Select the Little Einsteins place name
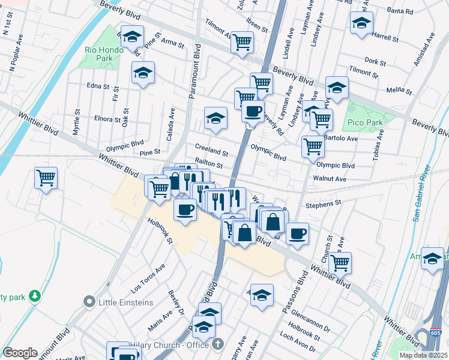pyautogui.click(x=127, y=302)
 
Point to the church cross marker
pyautogui.click(x=217, y=344)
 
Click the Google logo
pyautogui.click(x=20, y=353)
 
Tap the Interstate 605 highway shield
pyautogui.click(x=437, y=332)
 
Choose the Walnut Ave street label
pyautogui.click(x=330, y=179)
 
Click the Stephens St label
pyautogui.click(x=323, y=203)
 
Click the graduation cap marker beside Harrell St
pyautogui.click(x=361, y=23)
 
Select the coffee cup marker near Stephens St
pyautogui.click(x=297, y=233)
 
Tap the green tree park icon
pyautogui.click(x=35, y=295)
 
